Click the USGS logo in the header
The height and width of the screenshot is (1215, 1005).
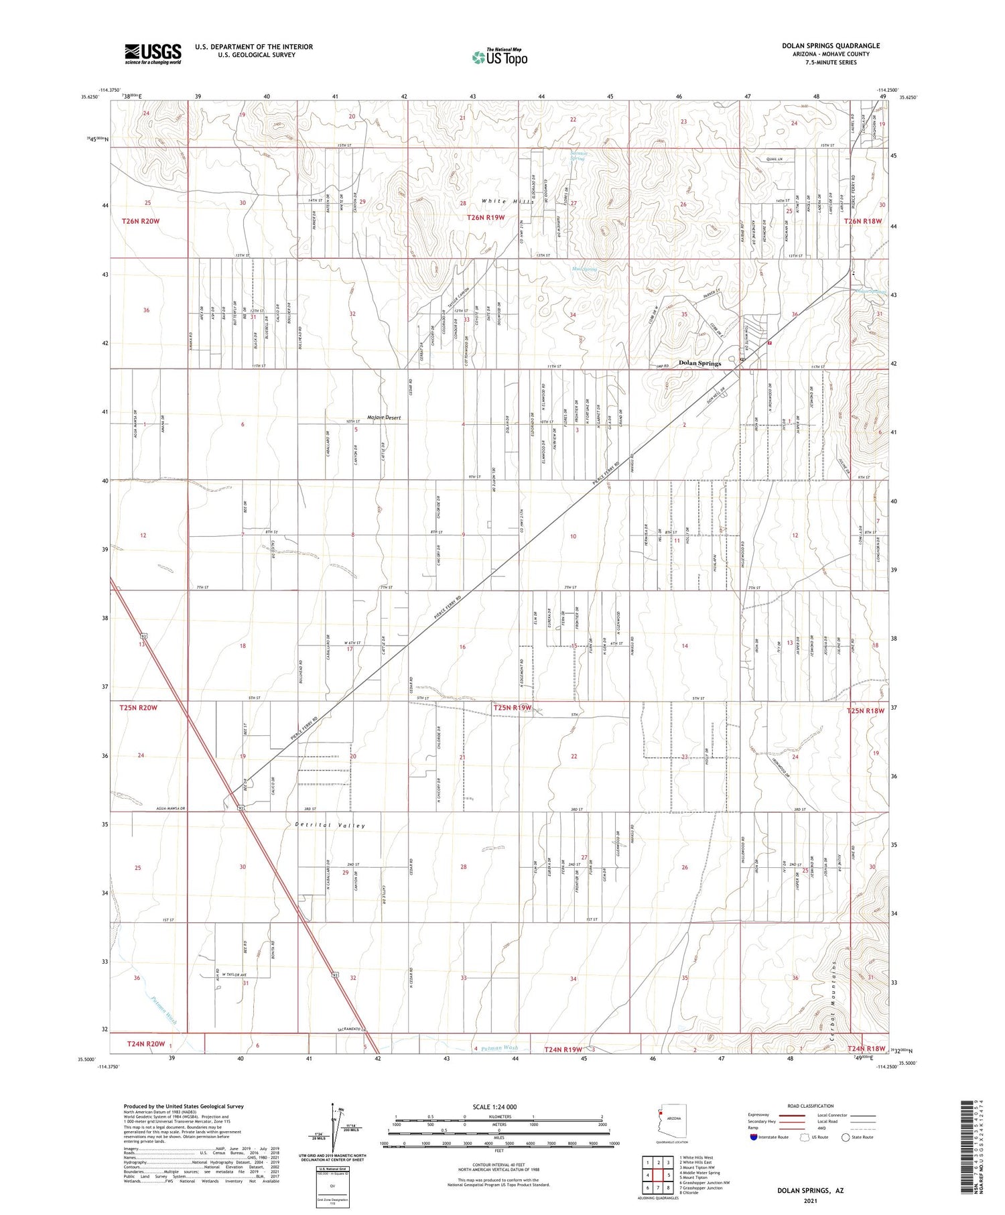click(153, 54)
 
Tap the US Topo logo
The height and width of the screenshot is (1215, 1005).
click(499, 56)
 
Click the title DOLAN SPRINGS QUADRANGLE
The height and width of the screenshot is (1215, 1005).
click(831, 46)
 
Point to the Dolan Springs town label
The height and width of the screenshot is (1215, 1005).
click(699, 363)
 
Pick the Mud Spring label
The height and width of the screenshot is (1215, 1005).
click(584, 269)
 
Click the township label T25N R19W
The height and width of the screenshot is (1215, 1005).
click(513, 707)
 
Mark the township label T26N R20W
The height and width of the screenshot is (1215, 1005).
click(141, 220)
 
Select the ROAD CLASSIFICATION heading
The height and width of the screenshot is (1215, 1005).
click(811, 1106)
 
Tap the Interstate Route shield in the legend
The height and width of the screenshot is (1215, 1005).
click(754, 1137)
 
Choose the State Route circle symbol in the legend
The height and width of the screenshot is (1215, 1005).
click(846, 1137)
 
